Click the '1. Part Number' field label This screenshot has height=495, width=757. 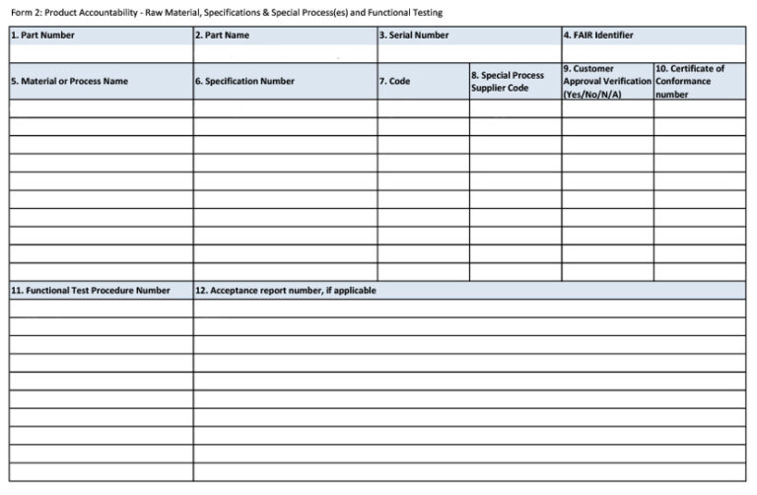point(42,35)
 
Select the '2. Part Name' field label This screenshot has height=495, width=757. point(222,35)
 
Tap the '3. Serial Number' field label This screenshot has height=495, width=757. point(414,35)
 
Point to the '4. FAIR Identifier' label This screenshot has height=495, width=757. point(598,35)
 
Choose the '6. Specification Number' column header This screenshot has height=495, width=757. point(244,81)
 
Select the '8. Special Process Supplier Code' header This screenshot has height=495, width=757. point(507,81)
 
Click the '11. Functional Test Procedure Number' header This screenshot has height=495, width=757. point(91,291)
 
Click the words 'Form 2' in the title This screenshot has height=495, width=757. point(26,13)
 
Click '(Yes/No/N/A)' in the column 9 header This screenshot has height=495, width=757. point(592,95)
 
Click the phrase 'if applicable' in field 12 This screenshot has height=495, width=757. point(351,291)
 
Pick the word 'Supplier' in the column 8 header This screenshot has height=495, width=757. point(489,88)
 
